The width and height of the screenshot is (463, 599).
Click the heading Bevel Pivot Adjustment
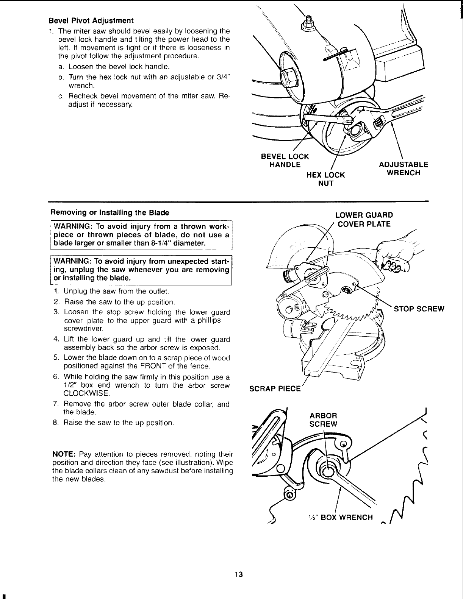tap(91, 20)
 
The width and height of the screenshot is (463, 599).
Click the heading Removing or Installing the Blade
tap(110, 212)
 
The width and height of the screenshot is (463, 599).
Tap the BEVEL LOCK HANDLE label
tap(285, 161)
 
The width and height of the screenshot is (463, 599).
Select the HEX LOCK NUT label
tap(325, 179)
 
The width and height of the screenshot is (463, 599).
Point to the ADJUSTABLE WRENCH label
tap(403, 169)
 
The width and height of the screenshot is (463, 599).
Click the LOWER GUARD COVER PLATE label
tap(364, 220)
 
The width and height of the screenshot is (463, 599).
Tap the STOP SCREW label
tap(419, 309)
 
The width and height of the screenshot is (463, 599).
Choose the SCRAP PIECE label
tap(274, 389)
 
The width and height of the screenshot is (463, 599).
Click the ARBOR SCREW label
tap(323, 420)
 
